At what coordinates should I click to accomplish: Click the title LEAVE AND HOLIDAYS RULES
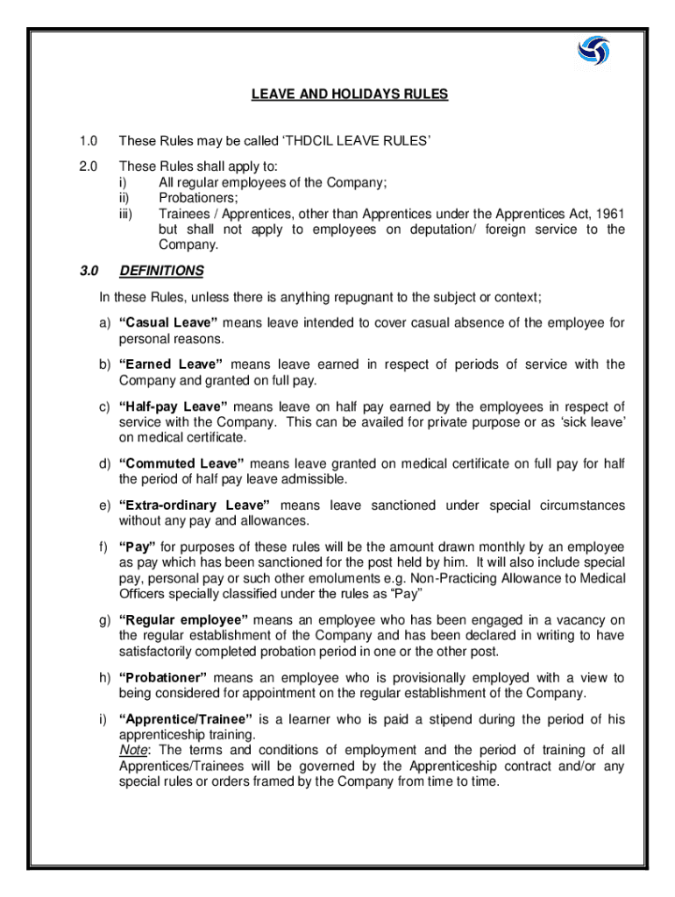click(350, 95)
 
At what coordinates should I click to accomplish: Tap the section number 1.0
click(87, 141)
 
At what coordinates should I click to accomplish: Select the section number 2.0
click(87, 167)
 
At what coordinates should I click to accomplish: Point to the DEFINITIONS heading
click(161, 271)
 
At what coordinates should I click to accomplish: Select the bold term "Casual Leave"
click(168, 323)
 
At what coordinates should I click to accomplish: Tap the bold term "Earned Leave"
click(171, 364)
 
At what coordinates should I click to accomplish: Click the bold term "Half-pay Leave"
click(174, 406)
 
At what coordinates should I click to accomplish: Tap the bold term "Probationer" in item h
click(163, 677)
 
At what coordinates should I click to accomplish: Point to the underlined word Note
click(133, 750)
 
